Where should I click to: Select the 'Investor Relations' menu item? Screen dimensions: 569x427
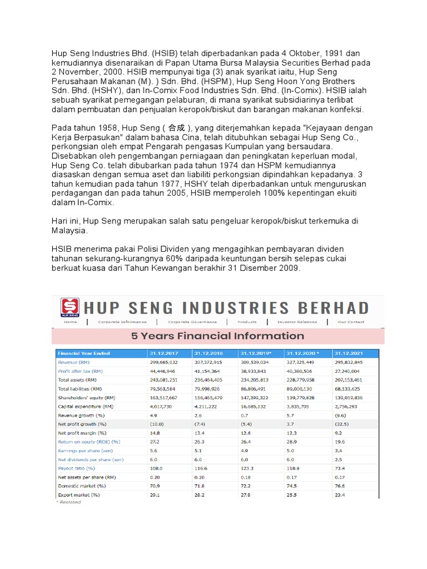[297, 322]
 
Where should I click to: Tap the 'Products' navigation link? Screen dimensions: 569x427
[247, 322]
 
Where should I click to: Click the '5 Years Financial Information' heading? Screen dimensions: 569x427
[217, 336]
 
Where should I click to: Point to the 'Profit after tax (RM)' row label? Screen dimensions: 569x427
[81, 371]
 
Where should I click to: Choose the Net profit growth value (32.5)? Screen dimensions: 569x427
[343, 424]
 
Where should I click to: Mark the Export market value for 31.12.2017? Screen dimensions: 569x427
[155, 495]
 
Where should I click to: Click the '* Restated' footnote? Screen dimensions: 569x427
[68, 502]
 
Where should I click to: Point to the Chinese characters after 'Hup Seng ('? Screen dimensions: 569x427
[176, 128]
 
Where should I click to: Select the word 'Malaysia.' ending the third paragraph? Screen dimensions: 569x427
[69, 230]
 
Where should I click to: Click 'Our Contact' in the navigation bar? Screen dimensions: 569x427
[351, 322]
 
